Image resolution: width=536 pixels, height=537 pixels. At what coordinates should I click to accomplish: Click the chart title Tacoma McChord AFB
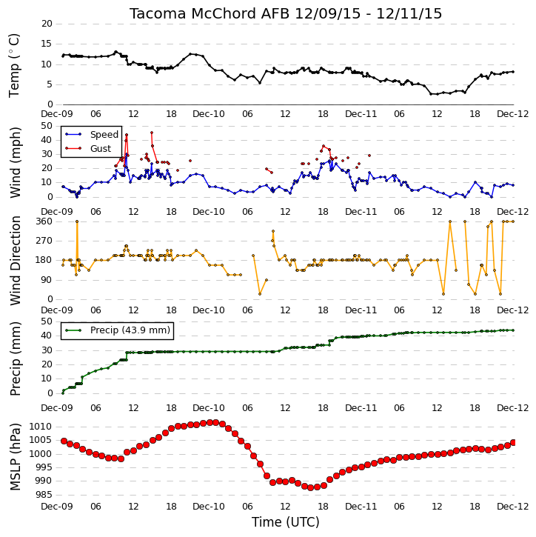coord(210,13)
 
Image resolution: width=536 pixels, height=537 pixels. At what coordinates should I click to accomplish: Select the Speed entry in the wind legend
coord(104,135)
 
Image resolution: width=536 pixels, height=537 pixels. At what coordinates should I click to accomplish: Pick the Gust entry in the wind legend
coord(101,149)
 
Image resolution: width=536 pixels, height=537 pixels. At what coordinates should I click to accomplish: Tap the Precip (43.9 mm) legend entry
coord(130,330)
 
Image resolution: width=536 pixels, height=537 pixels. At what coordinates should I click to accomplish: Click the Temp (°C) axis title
coord(14,65)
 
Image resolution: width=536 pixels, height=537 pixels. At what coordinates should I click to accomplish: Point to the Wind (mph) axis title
coord(15,162)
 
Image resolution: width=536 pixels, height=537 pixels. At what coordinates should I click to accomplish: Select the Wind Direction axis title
coord(15,260)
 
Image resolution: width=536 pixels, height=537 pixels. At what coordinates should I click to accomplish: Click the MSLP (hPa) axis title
coord(15,457)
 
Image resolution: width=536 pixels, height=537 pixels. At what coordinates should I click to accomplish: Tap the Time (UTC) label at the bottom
coord(286,522)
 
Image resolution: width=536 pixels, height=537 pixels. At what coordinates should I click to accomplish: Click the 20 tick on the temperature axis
coord(47,24)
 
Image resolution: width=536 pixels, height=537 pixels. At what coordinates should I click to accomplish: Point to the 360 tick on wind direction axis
coord(44,221)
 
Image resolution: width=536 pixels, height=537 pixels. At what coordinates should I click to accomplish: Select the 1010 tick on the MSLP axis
coord(41,427)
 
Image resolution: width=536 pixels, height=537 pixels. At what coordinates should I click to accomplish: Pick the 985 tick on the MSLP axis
coord(43,495)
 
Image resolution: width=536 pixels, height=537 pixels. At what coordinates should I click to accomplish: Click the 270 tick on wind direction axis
coord(44,241)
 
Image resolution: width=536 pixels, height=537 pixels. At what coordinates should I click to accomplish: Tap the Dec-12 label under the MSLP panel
coord(513,507)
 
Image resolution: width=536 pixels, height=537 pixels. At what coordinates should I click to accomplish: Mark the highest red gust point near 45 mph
coord(152,133)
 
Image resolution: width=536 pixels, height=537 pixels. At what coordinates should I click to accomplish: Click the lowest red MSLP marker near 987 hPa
coord(311,487)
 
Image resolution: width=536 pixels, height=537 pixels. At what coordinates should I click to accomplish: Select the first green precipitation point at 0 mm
coord(63,393)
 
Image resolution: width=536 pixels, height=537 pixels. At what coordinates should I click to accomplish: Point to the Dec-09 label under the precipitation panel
coord(57,408)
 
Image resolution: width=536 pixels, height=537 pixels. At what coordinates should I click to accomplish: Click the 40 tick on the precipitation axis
coord(47,336)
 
